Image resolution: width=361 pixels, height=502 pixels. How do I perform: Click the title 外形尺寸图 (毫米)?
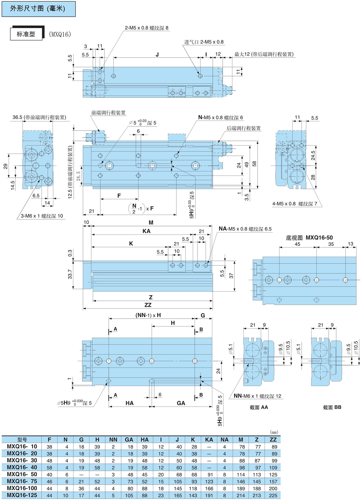38,9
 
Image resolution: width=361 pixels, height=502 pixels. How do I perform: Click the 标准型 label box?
26,34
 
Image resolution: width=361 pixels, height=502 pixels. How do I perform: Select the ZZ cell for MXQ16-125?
273,496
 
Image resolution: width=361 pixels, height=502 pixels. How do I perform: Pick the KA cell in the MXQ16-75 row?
209,482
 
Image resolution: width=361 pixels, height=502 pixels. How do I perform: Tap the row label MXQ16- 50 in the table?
22,474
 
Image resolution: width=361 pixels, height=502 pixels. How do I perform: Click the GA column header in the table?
129,440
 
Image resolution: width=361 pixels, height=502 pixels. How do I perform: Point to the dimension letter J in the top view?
157,55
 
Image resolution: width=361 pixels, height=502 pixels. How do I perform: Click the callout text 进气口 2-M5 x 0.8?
204,42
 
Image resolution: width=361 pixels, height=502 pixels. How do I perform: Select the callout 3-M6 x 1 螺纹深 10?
42,216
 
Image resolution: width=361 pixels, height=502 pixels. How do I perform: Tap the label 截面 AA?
259,407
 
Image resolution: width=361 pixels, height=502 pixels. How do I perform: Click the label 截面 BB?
332,407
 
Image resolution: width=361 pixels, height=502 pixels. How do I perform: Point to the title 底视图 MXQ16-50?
309,238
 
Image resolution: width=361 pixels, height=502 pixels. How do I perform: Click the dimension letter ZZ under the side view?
148,305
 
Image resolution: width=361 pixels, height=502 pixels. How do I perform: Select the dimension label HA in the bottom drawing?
129,403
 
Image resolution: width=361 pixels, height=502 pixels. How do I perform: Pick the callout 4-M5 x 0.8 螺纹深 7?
295,204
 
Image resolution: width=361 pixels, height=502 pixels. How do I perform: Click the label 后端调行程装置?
243,128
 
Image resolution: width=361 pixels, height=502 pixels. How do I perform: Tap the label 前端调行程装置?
108,113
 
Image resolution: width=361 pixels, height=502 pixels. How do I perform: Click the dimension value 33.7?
70,274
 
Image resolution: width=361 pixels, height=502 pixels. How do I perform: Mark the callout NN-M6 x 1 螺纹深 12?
257,396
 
